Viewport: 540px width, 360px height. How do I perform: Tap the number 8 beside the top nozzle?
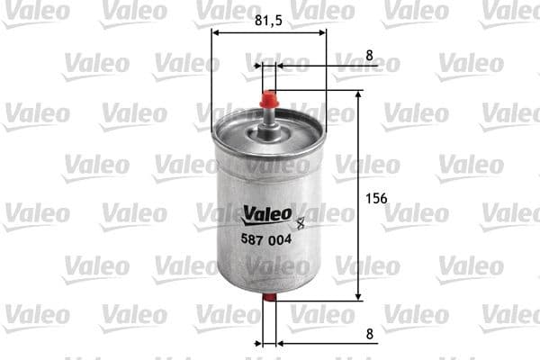(370, 56)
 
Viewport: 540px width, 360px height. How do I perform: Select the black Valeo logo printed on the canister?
(266, 214)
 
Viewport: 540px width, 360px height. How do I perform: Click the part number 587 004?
(265, 239)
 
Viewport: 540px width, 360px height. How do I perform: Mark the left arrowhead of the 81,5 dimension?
(216, 33)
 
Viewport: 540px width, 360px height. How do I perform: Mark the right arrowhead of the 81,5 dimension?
(321, 33)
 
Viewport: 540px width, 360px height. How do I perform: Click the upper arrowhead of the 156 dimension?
(359, 95)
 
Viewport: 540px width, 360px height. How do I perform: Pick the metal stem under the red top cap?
(268, 114)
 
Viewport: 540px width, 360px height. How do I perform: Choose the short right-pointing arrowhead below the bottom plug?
(257, 343)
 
